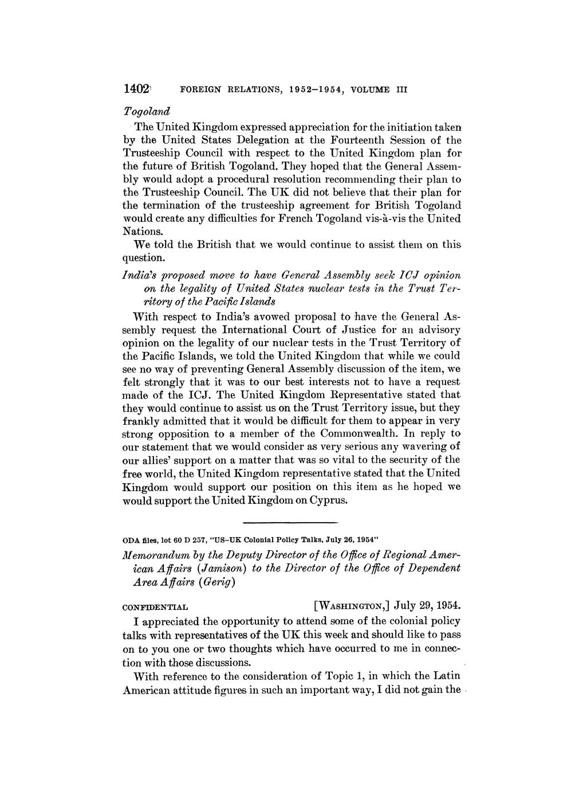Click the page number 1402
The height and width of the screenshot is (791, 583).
pos(136,89)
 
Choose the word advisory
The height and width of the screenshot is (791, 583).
pos(436,330)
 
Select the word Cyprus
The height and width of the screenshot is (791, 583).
pos(328,500)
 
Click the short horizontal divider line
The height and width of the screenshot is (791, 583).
pos(291,523)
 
